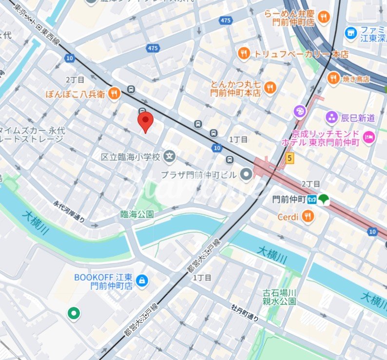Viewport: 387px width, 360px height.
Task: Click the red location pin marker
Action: tap(145, 121)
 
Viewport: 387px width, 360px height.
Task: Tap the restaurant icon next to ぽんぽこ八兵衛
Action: tap(114, 94)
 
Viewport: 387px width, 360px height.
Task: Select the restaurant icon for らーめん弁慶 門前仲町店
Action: tap(323, 18)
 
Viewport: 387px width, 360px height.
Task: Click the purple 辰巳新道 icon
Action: tap(332, 117)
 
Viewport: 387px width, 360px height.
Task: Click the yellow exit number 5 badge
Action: tap(290, 158)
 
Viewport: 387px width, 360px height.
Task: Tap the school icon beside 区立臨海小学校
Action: tap(170, 157)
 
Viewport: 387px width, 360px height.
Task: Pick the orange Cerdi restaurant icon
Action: tap(307, 217)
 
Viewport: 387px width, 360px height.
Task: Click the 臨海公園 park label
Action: tap(137, 214)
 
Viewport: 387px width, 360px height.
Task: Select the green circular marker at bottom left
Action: tap(74, 313)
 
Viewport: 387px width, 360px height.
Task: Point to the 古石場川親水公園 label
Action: tap(279, 297)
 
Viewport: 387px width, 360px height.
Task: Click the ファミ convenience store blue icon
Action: tap(350, 33)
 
